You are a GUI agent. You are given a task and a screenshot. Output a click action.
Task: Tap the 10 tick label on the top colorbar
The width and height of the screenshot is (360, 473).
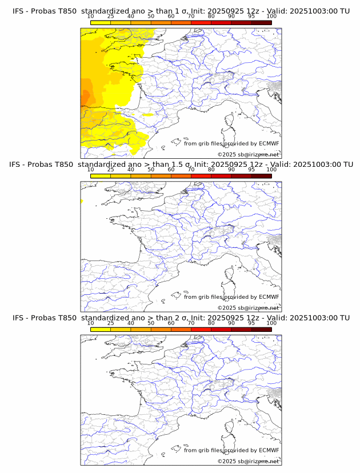91,16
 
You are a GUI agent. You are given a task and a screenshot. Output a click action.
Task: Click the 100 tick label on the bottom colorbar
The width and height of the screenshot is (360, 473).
271,323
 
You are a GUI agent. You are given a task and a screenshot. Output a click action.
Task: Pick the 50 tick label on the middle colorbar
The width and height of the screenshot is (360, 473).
151,170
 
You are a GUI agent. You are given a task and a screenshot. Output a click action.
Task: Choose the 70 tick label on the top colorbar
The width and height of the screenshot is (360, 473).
191,16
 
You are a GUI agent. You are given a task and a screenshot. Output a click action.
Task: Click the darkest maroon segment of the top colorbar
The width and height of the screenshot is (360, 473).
261,22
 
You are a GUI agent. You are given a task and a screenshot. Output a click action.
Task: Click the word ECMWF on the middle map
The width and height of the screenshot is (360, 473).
269,297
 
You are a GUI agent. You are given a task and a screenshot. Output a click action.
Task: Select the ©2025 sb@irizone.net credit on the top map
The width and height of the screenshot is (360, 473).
248,155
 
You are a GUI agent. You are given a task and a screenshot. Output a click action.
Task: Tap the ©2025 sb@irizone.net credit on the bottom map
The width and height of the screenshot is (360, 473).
248,461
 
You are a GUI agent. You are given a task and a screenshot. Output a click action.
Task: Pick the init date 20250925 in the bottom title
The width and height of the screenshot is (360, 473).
235,318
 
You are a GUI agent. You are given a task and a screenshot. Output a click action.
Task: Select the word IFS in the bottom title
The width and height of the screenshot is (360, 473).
18,318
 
